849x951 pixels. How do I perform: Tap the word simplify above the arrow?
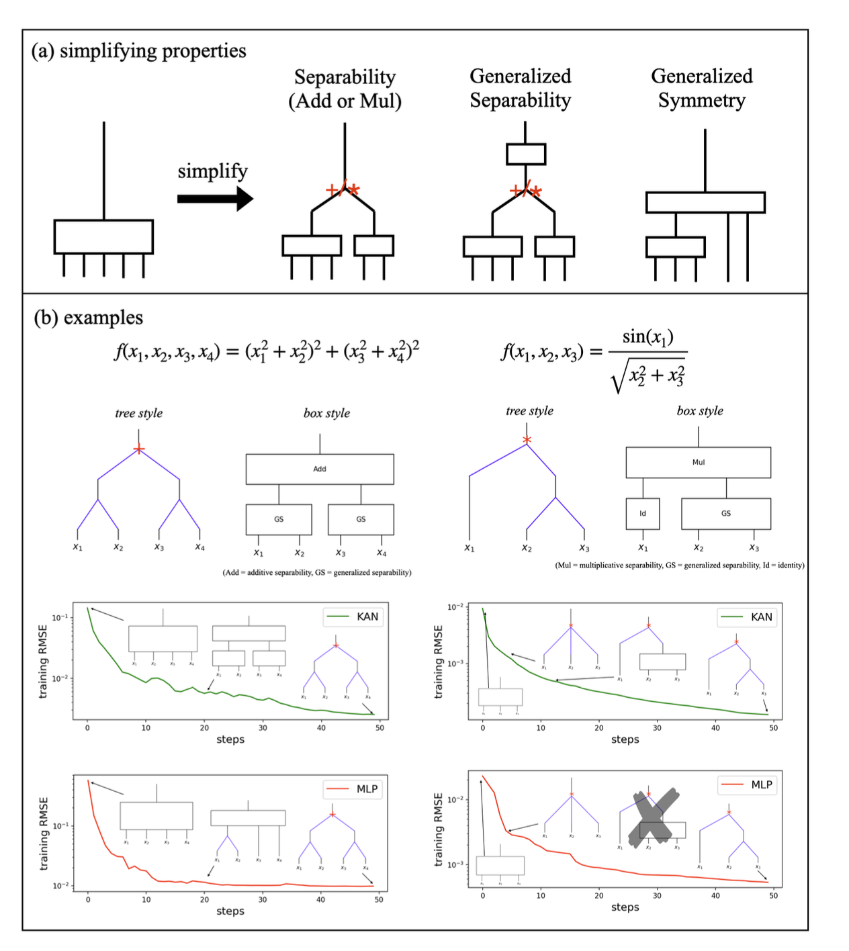tap(212, 171)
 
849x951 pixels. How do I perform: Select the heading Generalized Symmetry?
tap(701, 88)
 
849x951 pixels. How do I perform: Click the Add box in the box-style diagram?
tap(320, 469)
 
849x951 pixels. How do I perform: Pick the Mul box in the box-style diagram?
tap(698, 462)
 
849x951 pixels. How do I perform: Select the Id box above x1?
tap(643, 514)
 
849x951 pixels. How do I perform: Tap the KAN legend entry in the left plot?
tap(354, 617)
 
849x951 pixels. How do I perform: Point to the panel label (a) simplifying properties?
tap(139, 51)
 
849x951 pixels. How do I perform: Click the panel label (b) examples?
tap(88, 317)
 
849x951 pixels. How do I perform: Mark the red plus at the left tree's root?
tap(138, 449)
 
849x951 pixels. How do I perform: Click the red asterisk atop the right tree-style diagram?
tap(527, 440)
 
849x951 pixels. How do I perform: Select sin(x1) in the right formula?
tap(647, 336)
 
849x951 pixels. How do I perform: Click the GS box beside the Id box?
tap(726, 514)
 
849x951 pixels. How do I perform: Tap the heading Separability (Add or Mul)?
tap(345, 89)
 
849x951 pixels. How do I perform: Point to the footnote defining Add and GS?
tap(317, 572)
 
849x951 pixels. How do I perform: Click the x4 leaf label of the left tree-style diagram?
tap(199, 547)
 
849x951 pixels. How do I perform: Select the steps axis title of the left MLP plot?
tap(230, 911)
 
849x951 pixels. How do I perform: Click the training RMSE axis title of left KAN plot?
tap(44, 662)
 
